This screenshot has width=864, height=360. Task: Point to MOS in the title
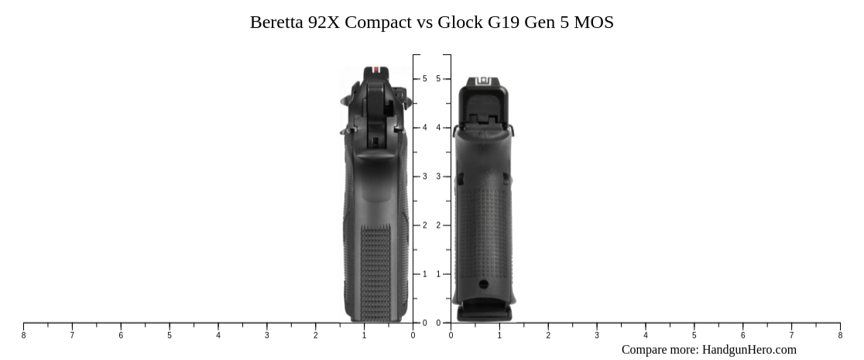coord(594,22)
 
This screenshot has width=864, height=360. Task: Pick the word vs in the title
coord(425,22)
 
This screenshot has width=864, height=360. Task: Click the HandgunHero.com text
coord(749,350)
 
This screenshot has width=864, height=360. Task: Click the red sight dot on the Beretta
coord(376,70)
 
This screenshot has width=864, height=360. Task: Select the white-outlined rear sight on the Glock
coord(484,80)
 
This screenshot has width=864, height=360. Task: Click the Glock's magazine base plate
coord(484,313)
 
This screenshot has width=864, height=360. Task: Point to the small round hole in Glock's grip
coord(484,284)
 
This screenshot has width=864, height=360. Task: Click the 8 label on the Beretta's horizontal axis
coord(23,335)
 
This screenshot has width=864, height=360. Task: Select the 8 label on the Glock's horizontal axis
coord(840,335)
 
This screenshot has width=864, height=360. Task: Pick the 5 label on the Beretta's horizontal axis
coord(170,335)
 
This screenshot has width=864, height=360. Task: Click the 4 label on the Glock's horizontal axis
coord(646,335)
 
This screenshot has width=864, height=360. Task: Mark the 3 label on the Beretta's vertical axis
coord(424,177)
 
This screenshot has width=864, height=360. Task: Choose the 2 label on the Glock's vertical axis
coord(438,225)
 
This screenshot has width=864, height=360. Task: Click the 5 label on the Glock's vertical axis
coord(438,79)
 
